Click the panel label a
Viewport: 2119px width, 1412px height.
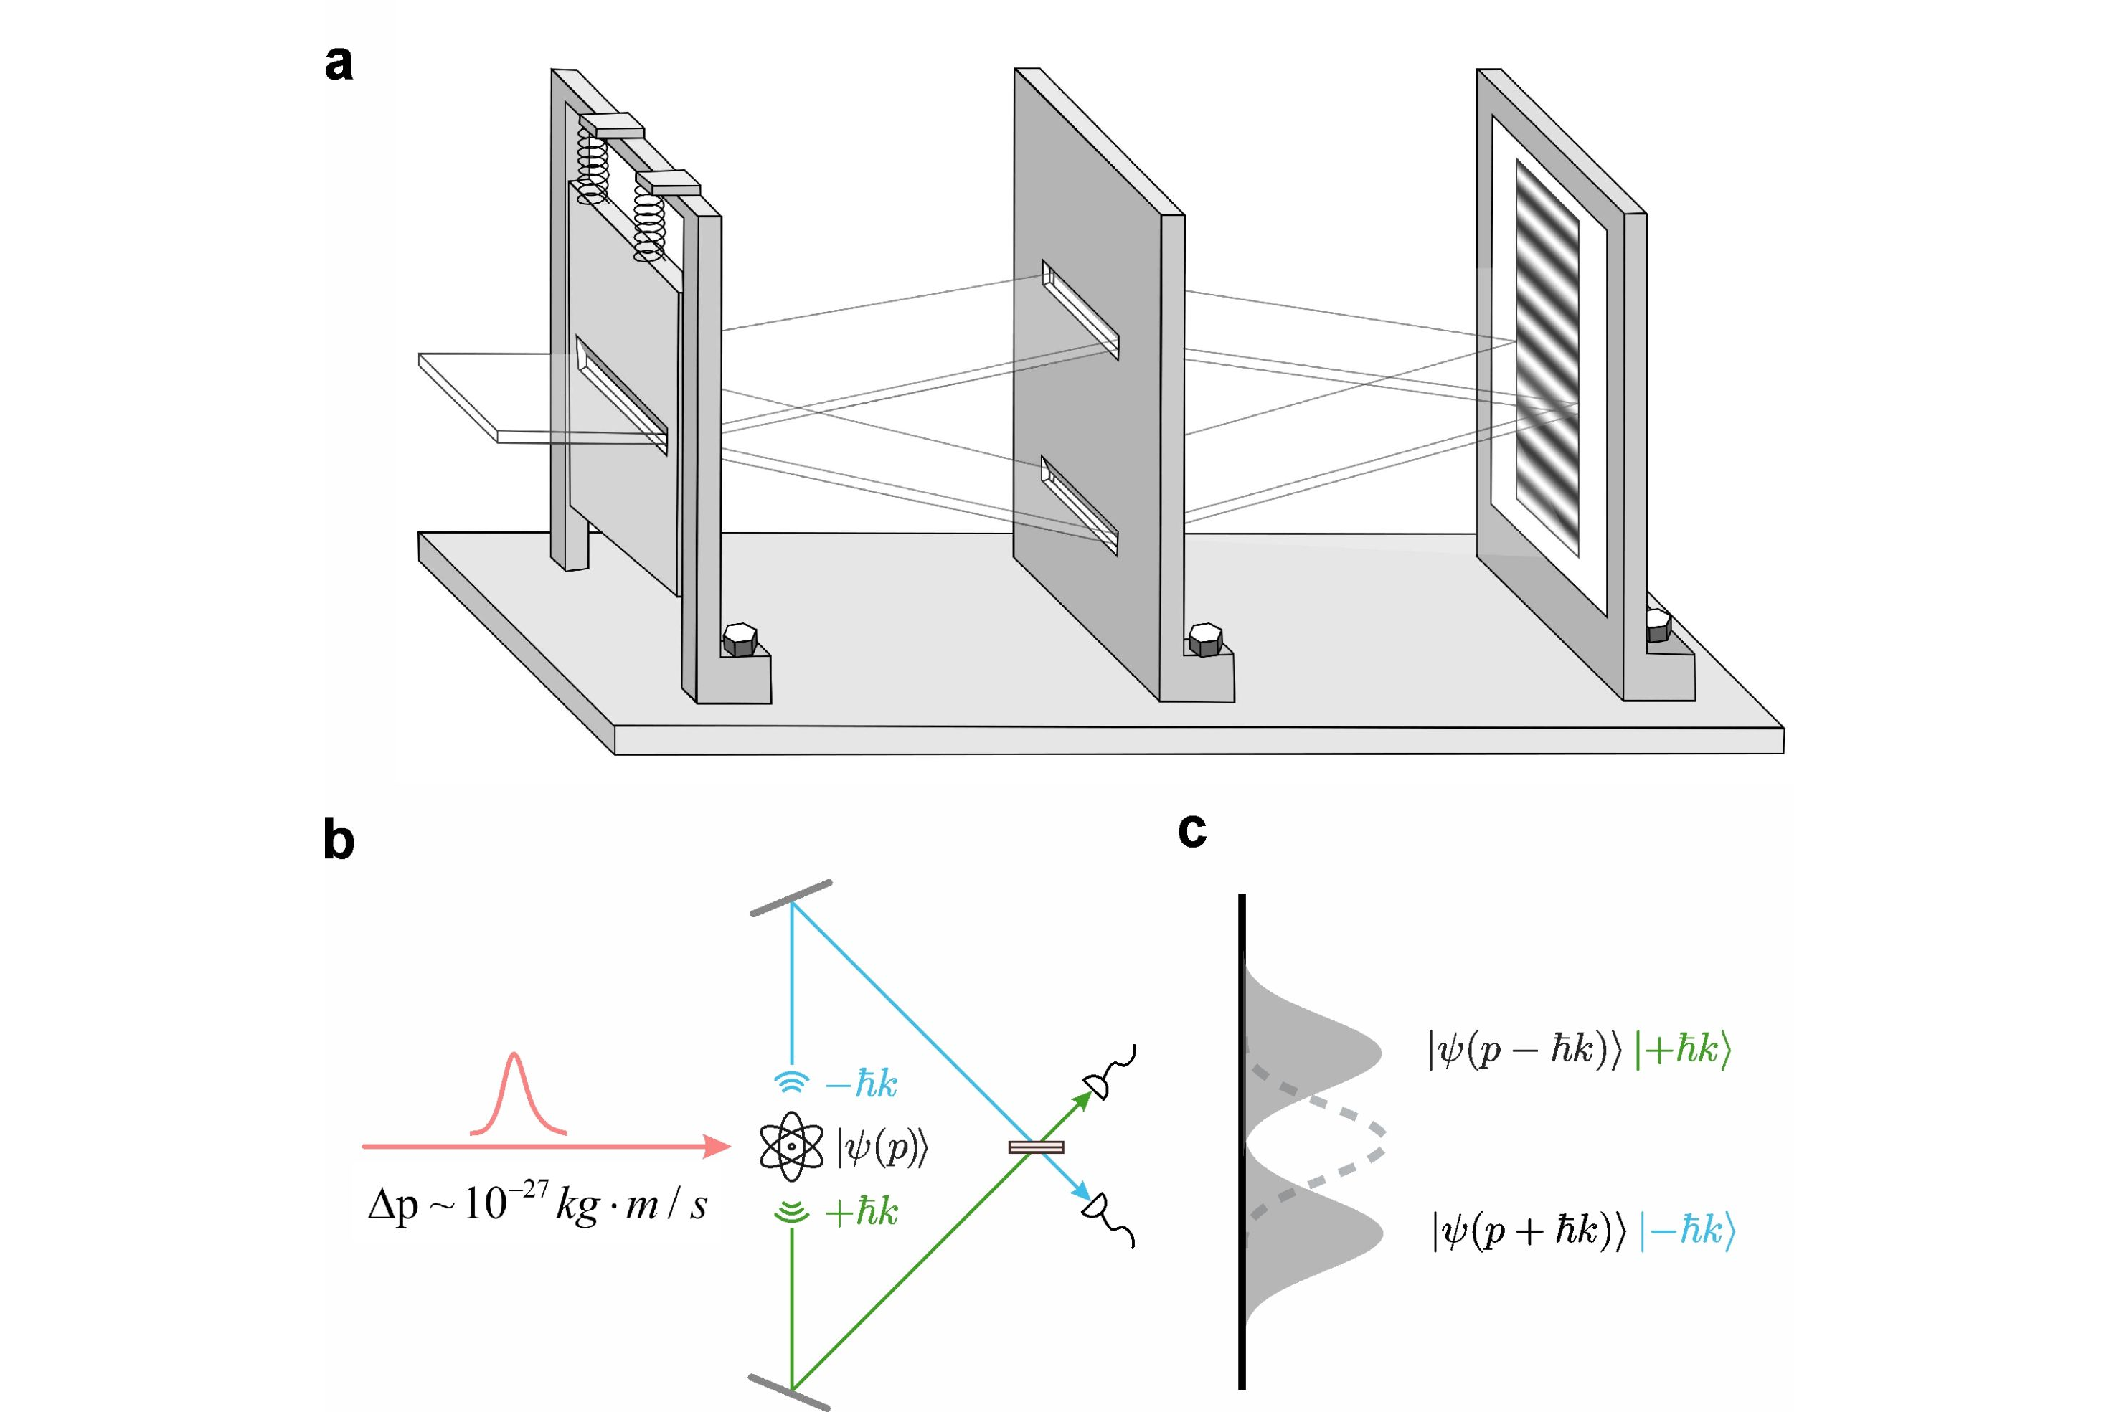point(339,64)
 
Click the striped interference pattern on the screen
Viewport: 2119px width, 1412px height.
point(1547,358)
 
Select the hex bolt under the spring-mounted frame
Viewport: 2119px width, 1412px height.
point(740,640)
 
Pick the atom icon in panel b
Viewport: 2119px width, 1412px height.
point(791,1147)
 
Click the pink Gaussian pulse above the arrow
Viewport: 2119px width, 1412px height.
point(515,1094)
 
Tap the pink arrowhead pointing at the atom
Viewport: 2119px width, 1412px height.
point(717,1147)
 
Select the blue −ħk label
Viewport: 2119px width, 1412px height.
point(860,1084)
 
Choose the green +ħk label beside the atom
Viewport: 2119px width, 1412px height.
point(860,1212)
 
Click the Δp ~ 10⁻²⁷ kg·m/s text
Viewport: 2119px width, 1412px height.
point(537,1203)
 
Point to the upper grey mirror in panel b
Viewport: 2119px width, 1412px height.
point(791,898)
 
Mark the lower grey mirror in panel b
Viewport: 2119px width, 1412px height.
point(789,1391)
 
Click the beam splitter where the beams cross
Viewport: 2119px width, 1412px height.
point(1036,1147)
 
